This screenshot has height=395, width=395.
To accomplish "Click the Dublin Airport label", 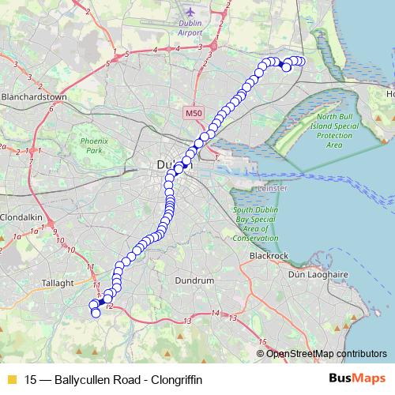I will click(x=190, y=28).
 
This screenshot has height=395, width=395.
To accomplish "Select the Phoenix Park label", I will click(x=92, y=145).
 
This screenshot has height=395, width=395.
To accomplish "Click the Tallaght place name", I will click(x=59, y=282).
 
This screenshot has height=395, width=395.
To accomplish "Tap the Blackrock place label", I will click(x=269, y=256).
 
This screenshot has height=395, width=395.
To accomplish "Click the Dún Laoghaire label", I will click(x=318, y=275).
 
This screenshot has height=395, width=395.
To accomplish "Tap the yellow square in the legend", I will click(x=10, y=380).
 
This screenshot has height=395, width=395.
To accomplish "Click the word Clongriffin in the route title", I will click(x=174, y=380).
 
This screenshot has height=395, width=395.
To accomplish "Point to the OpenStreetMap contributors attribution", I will click(x=326, y=353).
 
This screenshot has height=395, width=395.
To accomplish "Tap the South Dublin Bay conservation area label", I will click(x=255, y=224).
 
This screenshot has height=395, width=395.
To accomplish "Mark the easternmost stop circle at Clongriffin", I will click(x=300, y=61).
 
